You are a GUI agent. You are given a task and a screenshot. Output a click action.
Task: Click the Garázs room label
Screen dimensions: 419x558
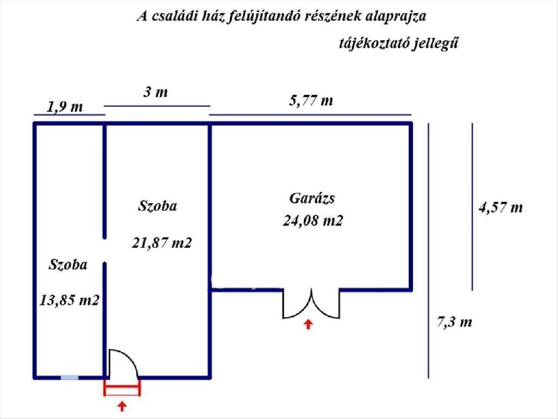coord(312,198)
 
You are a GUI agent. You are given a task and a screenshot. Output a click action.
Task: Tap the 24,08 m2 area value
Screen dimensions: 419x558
coord(312,221)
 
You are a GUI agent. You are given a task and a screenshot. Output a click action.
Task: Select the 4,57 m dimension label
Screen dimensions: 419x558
coord(500,207)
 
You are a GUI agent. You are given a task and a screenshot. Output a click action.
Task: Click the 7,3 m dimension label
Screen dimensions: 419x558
coord(454,322)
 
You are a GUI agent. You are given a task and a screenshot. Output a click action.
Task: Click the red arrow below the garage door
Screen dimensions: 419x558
coord(308,324)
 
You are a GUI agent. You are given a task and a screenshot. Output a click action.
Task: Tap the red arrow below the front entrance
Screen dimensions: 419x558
coord(122,406)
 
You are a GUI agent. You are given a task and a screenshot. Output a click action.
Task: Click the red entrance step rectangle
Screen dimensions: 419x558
coord(122,388)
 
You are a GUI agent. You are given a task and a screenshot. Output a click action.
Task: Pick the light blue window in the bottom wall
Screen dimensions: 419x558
coord(69,377)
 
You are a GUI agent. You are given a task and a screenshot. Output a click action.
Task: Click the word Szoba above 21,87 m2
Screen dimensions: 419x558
coord(157,206)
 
